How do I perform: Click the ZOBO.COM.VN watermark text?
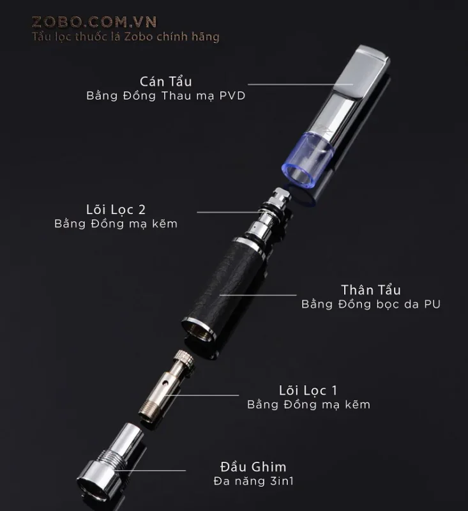(94, 22)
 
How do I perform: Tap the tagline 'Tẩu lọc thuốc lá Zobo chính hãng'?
(126, 36)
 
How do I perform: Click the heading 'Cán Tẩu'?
(166, 81)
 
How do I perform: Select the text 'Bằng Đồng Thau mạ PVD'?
(166, 96)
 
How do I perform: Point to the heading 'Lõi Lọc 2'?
(116, 210)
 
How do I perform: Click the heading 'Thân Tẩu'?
(370, 290)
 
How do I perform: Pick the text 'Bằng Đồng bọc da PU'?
(370, 304)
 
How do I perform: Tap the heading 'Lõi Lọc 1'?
(308, 390)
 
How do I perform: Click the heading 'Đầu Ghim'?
(253, 467)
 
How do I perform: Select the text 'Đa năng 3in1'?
(253, 481)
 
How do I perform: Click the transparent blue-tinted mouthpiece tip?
(308, 156)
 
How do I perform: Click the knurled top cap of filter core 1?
(184, 360)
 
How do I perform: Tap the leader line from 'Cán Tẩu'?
(300, 84)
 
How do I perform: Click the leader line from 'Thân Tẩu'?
(258, 295)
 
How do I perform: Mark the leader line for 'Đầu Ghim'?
(151, 470)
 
